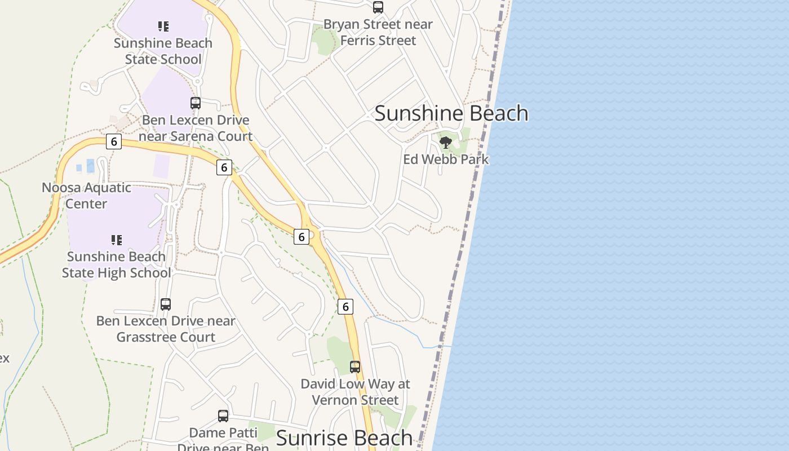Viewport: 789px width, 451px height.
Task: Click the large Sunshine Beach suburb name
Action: [451, 113]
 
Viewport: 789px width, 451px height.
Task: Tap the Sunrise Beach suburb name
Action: [344, 438]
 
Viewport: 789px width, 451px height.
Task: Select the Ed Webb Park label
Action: [446, 160]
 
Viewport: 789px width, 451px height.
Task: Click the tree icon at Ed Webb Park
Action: [446, 143]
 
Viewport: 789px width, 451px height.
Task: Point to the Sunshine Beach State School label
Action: [163, 51]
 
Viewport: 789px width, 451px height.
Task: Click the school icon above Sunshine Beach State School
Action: [163, 26]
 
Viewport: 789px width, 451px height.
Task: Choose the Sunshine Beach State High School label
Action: [116, 264]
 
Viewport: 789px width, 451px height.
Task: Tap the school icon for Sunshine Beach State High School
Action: [117, 240]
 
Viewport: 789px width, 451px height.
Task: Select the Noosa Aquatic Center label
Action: [86, 196]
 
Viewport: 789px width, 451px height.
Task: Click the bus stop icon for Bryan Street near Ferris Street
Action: [378, 7]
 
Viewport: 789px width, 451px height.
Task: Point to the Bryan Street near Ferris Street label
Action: [378, 32]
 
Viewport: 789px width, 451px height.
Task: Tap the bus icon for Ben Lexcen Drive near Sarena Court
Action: [196, 103]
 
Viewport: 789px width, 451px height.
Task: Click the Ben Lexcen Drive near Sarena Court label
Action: [196, 128]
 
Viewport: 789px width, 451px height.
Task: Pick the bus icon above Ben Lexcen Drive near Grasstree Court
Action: [166, 304]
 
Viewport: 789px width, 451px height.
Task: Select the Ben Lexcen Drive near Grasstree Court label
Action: [166, 329]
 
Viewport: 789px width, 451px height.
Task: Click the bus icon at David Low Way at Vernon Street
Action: [355, 367]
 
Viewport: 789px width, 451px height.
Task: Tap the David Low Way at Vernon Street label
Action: [355, 392]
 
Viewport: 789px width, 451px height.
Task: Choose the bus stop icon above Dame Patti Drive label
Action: [223, 416]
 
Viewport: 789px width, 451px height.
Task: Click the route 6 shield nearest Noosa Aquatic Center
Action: [114, 142]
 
